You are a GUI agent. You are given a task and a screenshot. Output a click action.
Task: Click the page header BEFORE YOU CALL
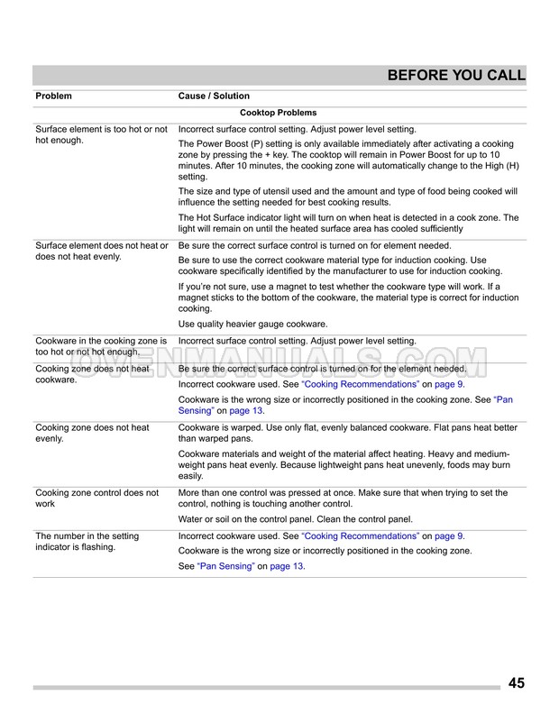click(x=456, y=76)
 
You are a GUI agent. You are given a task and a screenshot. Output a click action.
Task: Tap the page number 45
click(x=516, y=682)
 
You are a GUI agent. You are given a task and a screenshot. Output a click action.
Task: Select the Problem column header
click(x=53, y=96)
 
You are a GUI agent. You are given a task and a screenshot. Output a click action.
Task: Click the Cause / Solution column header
click(x=214, y=96)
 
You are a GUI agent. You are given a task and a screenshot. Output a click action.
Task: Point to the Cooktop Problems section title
click(x=279, y=113)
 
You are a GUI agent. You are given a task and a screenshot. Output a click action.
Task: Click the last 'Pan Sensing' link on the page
click(x=220, y=566)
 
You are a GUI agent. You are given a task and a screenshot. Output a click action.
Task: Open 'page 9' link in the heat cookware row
click(x=448, y=384)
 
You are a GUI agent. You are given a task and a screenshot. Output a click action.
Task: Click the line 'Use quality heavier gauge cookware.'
click(x=252, y=324)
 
